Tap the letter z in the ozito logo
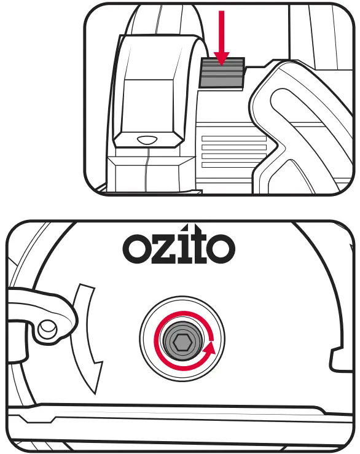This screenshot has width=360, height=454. pyautogui.click(x=164, y=249)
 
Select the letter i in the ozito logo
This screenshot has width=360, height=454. pyautogui.click(x=182, y=246)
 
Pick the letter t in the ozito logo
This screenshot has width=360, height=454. pyautogui.click(x=197, y=246)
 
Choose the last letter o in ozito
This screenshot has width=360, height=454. pyautogui.click(x=221, y=248)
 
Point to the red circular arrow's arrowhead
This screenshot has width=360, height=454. pyautogui.click(x=210, y=349)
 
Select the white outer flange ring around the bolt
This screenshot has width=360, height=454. pyautogui.click(x=182, y=310)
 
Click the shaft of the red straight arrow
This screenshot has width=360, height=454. pyautogui.click(x=222, y=28)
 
